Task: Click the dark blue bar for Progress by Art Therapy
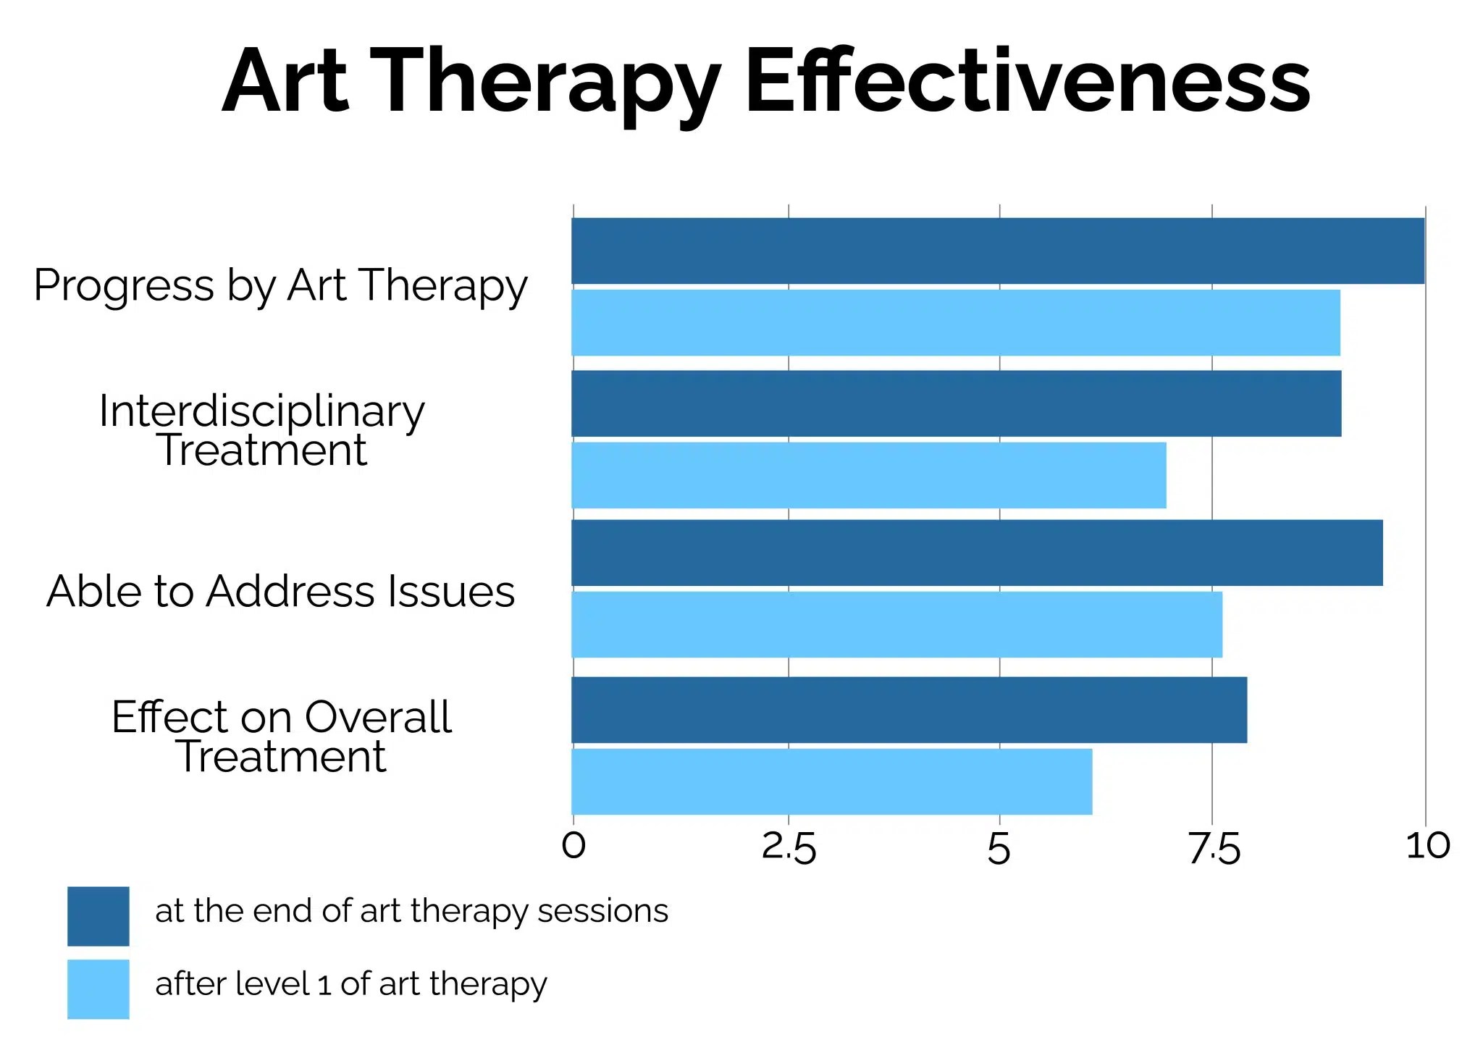coord(998,251)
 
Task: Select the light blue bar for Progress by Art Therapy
coord(956,322)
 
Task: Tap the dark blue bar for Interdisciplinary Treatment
coord(956,403)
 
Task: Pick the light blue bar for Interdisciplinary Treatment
coord(869,475)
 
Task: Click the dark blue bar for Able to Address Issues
coord(977,553)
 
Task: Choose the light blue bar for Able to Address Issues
coord(896,624)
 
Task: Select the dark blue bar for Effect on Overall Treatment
coord(909,710)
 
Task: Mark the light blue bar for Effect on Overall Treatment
coord(831,781)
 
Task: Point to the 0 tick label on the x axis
coord(574,846)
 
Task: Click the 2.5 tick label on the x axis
coord(789,847)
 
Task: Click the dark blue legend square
coord(98,916)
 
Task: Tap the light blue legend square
coord(98,989)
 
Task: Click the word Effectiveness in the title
coord(1028,81)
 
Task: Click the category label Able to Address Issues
coord(281,591)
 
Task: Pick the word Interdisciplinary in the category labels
coord(262,411)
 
